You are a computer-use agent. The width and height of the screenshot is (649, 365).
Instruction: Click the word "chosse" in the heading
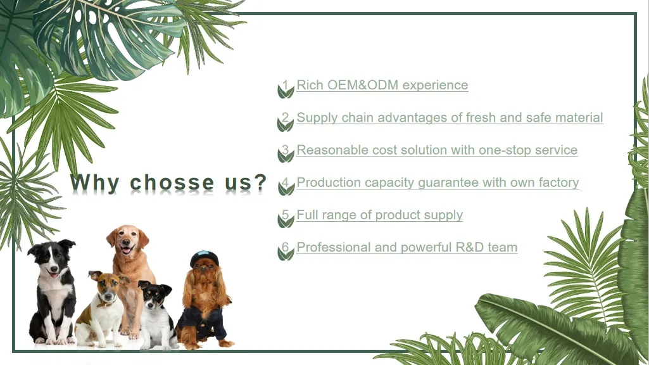(172, 182)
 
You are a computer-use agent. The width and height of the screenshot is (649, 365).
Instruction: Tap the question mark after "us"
(260, 182)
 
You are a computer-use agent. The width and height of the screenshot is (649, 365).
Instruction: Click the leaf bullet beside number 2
(286, 124)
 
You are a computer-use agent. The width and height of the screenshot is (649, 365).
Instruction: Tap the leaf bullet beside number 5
(286, 221)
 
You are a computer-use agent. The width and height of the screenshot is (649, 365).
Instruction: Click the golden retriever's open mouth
(126, 248)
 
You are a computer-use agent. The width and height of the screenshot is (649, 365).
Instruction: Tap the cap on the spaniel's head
(204, 258)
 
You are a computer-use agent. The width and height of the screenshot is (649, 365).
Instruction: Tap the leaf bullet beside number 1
(286, 91)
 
